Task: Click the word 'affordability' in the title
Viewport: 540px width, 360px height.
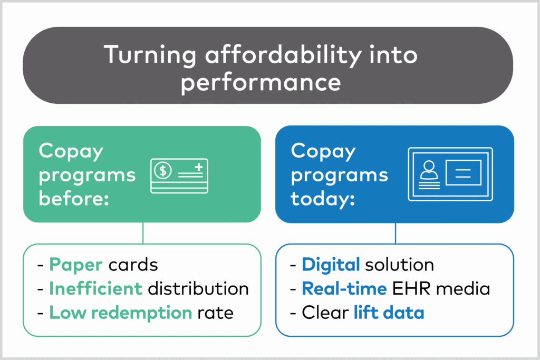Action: point(283,55)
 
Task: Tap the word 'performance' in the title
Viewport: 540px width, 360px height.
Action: point(261,83)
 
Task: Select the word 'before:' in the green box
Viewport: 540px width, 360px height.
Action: point(74,198)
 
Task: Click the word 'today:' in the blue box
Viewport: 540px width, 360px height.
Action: point(323,199)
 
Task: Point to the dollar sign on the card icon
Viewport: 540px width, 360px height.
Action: point(163,170)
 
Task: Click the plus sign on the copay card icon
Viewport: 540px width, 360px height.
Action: point(199,168)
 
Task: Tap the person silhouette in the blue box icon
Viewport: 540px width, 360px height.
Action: point(429,170)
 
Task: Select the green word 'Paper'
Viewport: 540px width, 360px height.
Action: point(76,265)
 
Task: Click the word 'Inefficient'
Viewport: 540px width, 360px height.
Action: point(96,288)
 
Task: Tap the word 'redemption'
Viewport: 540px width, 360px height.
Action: point(141,313)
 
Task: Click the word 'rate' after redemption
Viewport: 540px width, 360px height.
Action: point(216,313)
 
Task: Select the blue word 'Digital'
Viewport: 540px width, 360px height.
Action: point(331,265)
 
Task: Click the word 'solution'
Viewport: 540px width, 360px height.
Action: point(400,265)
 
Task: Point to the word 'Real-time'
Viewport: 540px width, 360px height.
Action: point(344,288)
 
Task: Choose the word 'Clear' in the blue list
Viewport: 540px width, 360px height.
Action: point(325,313)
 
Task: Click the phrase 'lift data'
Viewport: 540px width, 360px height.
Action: point(389,313)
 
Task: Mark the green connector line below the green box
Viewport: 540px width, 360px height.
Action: point(143,233)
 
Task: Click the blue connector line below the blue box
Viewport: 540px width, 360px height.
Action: point(396,233)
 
